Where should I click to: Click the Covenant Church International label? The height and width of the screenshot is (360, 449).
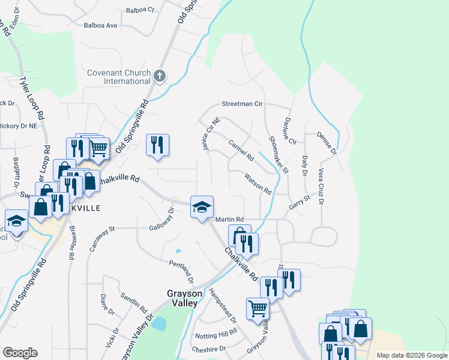click(x=118, y=77)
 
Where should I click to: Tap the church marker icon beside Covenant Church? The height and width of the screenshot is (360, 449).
click(x=159, y=76)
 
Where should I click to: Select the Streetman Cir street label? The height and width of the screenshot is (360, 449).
click(x=243, y=104)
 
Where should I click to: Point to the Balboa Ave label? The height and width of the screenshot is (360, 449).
click(x=100, y=26)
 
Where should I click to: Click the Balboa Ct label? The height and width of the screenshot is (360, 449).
click(x=140, y=10)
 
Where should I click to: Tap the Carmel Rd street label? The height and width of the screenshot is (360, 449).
click(x=241, y=149)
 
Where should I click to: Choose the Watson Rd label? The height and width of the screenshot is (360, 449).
click(x=258, y=184)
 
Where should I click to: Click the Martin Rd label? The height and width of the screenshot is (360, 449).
click(x=229, y=220)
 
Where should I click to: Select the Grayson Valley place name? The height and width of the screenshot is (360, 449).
click(x=182, y=298)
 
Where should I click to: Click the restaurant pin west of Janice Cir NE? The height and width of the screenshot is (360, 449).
click(x=157, y=145)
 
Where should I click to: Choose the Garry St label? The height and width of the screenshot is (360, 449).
click(x=298, y=200)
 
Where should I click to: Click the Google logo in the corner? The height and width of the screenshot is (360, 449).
click(x=20, y=353)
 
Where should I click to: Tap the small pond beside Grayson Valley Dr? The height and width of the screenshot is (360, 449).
click(x=159, y=324)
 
